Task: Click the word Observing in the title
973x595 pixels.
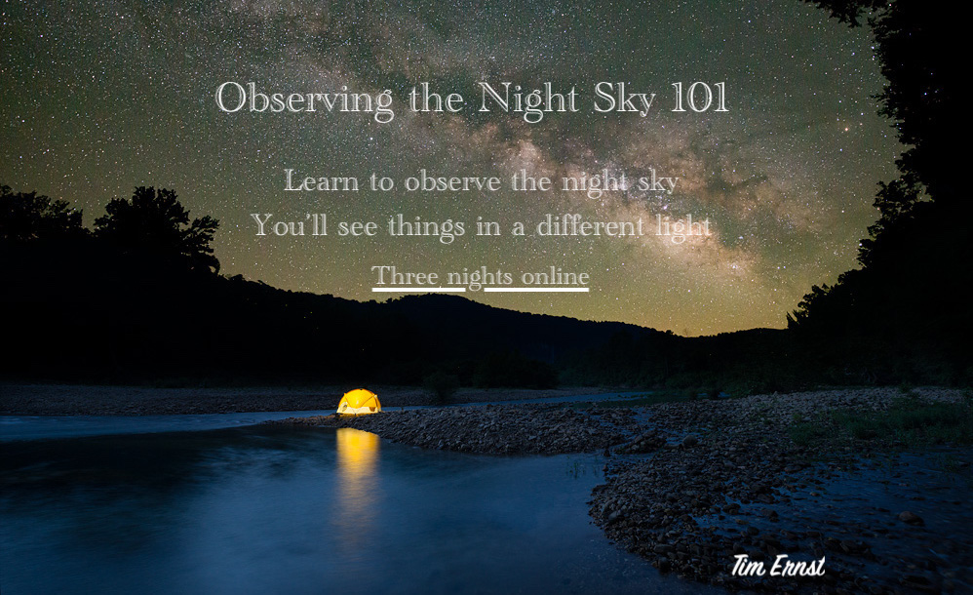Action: [x=305, y=99]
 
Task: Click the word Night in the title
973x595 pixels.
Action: [x=528, y=99]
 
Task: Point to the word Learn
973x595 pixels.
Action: [x=322, y=180]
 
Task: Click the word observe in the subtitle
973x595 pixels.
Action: [x=453, y=180]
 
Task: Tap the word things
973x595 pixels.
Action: [x=426, y=226]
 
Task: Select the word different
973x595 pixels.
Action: [x=591, y=225]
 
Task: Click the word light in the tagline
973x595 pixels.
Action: [x=683, y=226]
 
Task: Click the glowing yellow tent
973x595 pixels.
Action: [x=359, y=402]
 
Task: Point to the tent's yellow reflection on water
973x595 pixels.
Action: [x=358, y=459]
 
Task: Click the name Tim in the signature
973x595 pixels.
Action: [x=747, y=566]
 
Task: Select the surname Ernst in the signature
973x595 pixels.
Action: [x=798, y=566]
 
